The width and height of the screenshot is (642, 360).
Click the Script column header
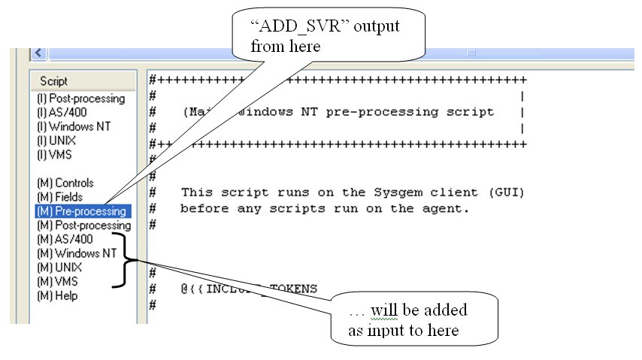pos(54,81)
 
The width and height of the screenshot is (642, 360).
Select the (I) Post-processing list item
pos(80,98)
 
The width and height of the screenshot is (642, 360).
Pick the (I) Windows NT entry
pos(73,126)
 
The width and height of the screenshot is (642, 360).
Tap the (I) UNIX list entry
pos(56,141)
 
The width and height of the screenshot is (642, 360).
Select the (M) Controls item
pos(65,183)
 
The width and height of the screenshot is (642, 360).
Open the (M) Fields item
pos(60,197)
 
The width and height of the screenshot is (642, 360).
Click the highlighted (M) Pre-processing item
pos(80,211)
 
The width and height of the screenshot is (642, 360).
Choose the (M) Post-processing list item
pos(83,225)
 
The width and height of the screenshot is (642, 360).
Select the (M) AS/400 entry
pos(65,239)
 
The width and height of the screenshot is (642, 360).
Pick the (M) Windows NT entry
pos(76,253)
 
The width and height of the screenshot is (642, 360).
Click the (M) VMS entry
pos(57,282)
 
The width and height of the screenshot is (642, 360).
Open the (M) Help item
pos(57,295)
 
